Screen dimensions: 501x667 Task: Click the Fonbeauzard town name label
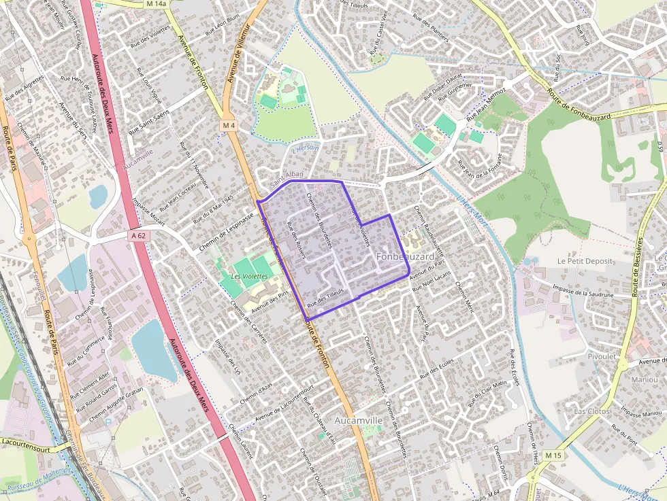[405, 256]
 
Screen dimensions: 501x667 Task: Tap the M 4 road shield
[228, 126]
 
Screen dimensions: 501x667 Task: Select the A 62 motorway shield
[138, 235]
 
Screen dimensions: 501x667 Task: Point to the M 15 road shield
[554, 455]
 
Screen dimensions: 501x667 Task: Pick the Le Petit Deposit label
[585, 261]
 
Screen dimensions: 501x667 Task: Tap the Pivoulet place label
[603, 356]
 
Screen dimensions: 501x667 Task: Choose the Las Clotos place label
[591, 411]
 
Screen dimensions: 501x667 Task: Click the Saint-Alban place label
[286, 183]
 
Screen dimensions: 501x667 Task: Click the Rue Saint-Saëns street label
[149, 120]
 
